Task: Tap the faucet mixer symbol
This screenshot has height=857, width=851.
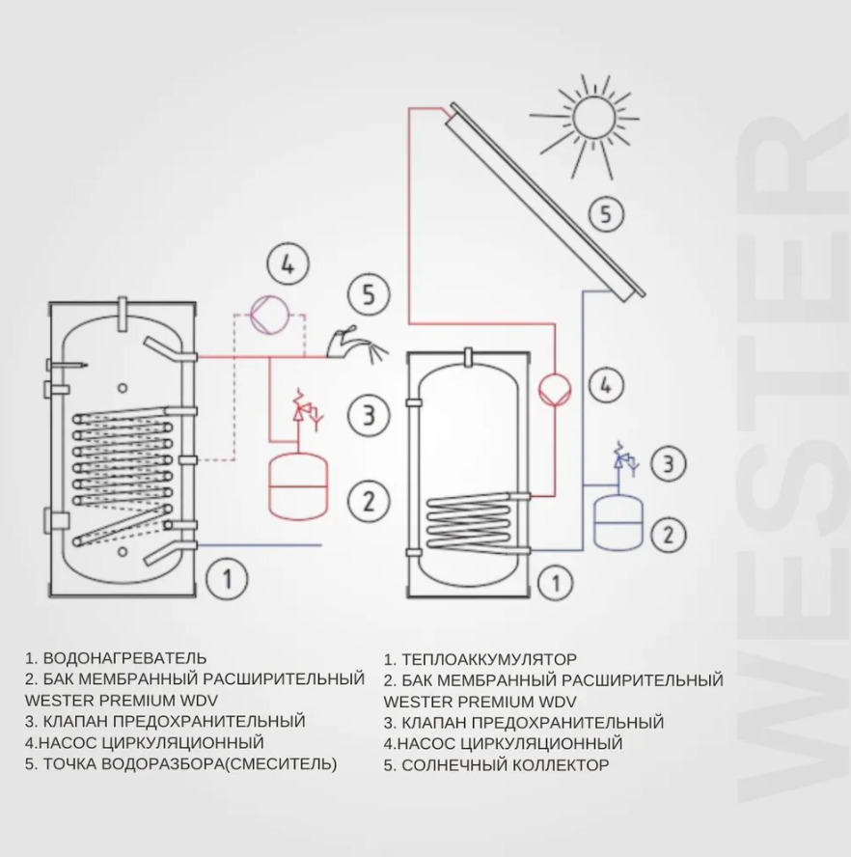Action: tap(344, 343)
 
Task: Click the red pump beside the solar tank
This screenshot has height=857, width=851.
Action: tap(556, 388)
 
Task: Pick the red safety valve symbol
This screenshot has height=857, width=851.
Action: tap(306, 410)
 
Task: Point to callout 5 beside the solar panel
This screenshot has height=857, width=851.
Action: tap(606, 212)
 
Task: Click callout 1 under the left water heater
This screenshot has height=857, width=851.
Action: tap(228, 580)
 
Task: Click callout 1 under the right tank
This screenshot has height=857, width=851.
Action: tap(554, 583)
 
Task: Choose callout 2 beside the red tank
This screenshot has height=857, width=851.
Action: tap(368, 502)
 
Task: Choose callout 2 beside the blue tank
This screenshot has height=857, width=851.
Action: tap(668, 534)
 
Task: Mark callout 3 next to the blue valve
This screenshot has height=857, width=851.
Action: tap(668, 464)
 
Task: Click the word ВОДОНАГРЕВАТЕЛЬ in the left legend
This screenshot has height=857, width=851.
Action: tap(125, 659)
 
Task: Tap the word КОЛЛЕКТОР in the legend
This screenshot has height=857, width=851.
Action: tap(561, 765)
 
